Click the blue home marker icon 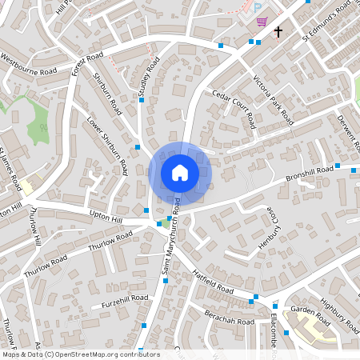[180, 173]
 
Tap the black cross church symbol [278, 32]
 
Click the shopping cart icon [262, 22]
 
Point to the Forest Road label [87, 64]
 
